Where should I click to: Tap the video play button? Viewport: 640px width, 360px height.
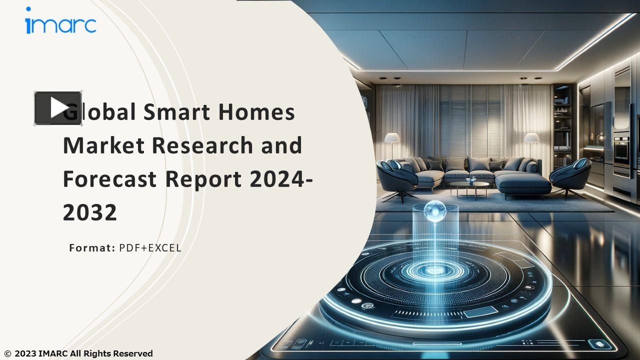58,108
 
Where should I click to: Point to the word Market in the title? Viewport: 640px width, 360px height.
103,145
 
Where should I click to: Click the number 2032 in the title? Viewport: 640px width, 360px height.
90,213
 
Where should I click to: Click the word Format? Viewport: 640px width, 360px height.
92,248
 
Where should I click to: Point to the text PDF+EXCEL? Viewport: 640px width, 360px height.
150,248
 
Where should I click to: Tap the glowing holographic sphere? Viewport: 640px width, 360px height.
434,210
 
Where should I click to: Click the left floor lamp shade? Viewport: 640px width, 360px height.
392,137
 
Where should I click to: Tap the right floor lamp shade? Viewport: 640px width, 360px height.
531,137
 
